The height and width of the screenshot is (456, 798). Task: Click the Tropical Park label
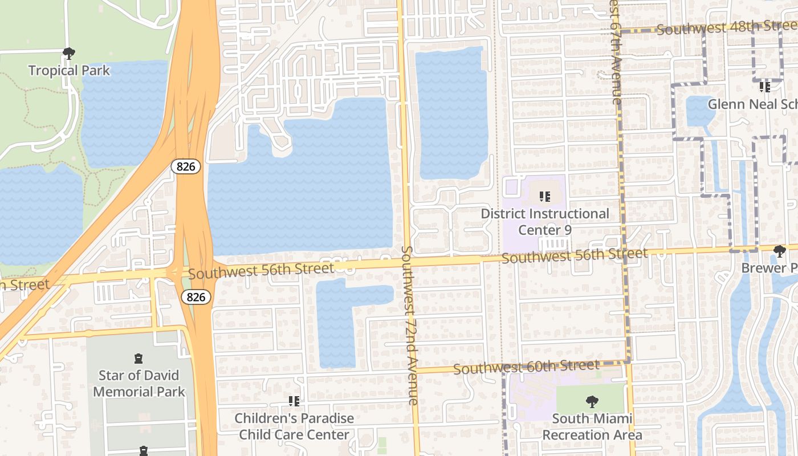click(69, 71)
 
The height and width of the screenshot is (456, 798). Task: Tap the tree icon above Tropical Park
click(69, 54)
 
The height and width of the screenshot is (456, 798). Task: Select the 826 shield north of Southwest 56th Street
click(186, 166)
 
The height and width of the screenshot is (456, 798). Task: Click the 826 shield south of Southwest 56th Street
click(196, 297)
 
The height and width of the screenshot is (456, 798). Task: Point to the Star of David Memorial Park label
click(139, 384)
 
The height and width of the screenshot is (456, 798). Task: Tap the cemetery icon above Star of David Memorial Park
click(139, 359)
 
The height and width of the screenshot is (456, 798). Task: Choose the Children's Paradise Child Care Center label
click(294, 426)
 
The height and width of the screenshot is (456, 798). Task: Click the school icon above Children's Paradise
click(294, 401)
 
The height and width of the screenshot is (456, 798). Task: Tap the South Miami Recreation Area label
click(592, 427)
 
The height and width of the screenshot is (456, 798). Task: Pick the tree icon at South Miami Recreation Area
click(592, 402)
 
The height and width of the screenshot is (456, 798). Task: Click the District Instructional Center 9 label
click(545, 222)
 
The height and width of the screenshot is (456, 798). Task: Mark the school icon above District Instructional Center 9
click(545, 197)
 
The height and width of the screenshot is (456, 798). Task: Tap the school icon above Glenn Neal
click(765, 87)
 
